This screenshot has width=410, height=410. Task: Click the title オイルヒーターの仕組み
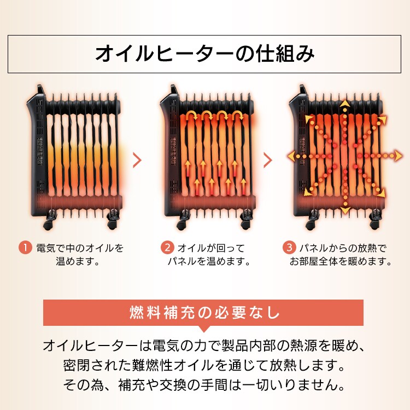coord(205,53)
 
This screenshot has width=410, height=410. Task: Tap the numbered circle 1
coord(25,248)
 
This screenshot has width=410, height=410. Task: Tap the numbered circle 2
coord(167,248)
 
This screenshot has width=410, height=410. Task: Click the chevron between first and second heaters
coord(137,160)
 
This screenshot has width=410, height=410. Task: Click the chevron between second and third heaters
coord(268,160)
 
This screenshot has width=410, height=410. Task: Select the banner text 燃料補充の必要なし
coord(204,313)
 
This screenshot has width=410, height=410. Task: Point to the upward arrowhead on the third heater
coord(345,103)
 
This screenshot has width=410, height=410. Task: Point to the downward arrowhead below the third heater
coord(345,210)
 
